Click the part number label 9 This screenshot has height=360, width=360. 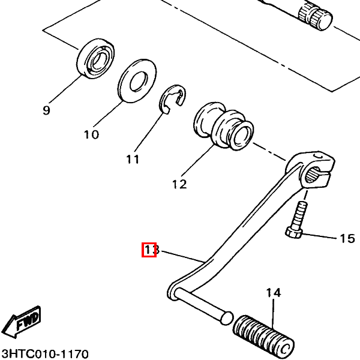[x=46, y=110]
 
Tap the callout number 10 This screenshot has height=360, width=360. [x=91, y=134]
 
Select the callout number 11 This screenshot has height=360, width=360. [x=133, y=159]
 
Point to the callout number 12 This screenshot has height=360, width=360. [x=179, y=184]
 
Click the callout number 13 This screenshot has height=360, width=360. [x=152, y=250]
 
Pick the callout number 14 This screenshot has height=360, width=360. [x=274, y=293]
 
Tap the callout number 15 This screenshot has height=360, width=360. [x=347, y=239]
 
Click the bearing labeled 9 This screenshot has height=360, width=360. [x=95, y=59]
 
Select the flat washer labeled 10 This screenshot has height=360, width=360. [x=137, y=80]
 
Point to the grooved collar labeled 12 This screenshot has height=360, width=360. [x=223, y=126]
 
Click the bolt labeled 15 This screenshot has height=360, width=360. [x=296, y=220]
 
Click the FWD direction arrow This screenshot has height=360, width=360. [x=23, y=322]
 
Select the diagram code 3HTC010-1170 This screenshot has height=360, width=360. [x=45, y=353]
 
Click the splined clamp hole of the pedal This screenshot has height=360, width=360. [x=313, y=175]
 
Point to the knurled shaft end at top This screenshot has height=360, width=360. [x=316, y=17]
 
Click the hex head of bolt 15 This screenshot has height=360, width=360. [x=293, y=233]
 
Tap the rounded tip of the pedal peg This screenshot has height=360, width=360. [x=227, y=318]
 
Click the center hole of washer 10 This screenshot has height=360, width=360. [x=138, y=81]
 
